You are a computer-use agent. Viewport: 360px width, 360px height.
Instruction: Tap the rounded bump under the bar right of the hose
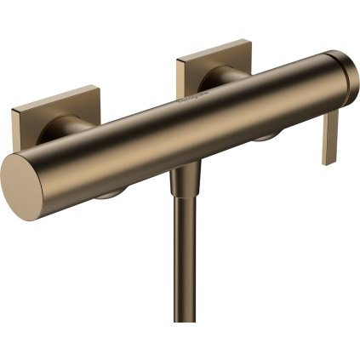click(x=263, y=136)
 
